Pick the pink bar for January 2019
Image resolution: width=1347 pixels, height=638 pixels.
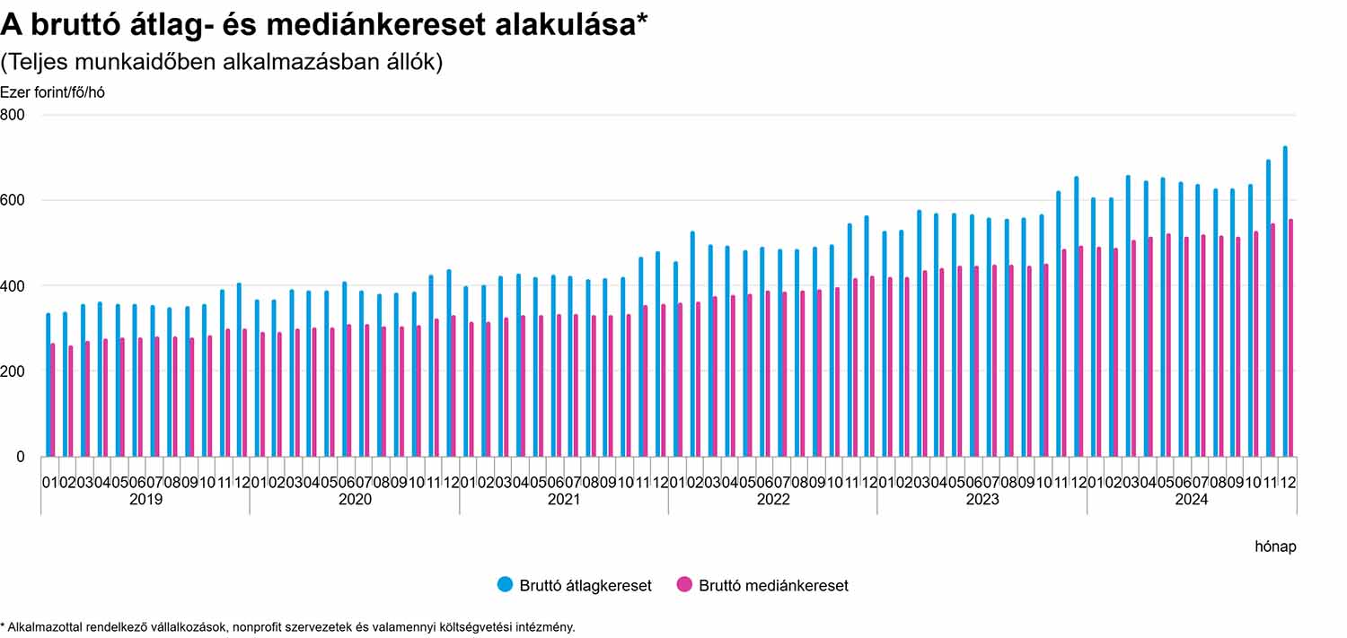[53, 399]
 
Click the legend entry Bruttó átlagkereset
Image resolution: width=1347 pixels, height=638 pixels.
[575, 585]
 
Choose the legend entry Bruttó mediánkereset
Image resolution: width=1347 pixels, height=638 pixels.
[762, 585]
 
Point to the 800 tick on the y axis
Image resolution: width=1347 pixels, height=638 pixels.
[13, 115]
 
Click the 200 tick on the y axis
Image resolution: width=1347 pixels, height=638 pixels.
[13, 371]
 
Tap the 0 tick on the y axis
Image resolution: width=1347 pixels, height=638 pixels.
[20, 457]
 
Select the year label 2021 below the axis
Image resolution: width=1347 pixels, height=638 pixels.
[564, 500]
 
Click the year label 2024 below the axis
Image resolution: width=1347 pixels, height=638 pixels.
[1192, 500]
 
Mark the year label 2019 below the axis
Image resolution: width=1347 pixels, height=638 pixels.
[145, 500]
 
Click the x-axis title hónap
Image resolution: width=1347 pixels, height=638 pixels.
[1275, 546]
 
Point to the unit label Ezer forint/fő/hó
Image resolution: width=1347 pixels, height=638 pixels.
[52, 92]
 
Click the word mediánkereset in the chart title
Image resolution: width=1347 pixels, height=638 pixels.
[357, 25]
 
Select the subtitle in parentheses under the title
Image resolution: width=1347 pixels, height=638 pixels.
[221, 63]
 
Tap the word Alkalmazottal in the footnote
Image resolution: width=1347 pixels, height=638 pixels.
[43, 627]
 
